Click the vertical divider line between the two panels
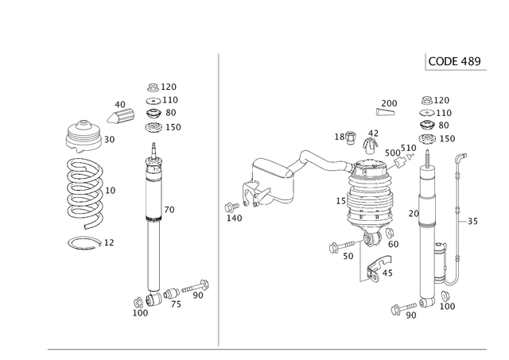click(218, 199)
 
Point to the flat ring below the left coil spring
click(85, 242)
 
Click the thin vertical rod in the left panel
click(147, 195)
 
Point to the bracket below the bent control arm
click(262, 195)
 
